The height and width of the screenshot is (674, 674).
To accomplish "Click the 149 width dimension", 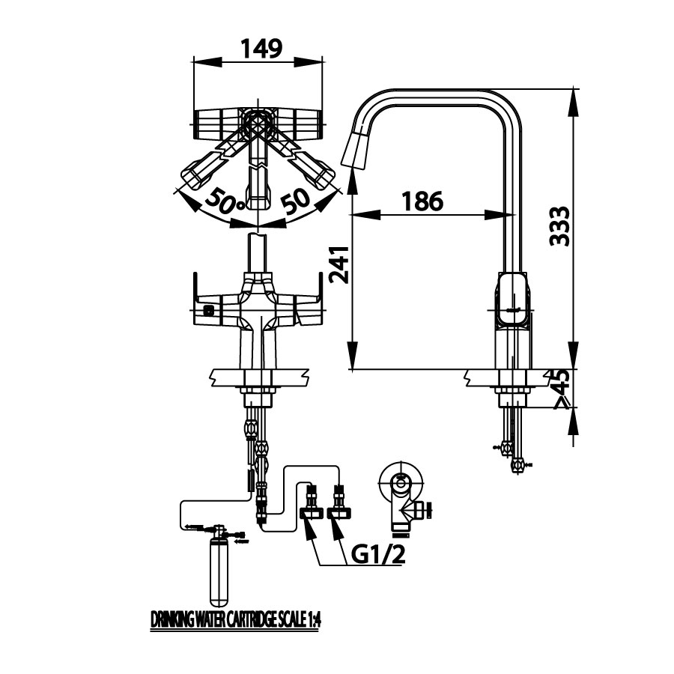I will (261, 49).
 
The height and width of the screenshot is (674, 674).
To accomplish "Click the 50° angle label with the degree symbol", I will (224, 200).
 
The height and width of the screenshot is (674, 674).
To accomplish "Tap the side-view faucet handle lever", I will (512, 300).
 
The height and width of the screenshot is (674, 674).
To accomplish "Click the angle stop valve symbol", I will (404, 498).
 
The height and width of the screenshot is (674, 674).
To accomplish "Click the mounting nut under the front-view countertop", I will (257, 391).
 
